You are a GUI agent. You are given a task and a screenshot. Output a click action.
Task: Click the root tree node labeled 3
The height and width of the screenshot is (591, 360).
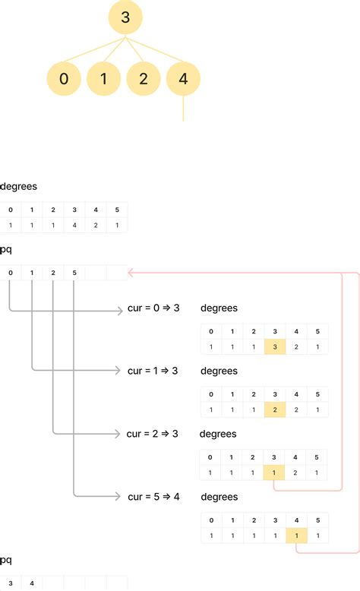coord(125,18)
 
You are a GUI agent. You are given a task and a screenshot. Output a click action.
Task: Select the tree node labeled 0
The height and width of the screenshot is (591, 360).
coord(63,79)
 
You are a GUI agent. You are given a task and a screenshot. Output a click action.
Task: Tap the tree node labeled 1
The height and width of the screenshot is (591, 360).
coord(103,79)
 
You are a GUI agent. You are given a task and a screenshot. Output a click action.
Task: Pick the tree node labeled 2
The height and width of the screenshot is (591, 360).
coord(143,79)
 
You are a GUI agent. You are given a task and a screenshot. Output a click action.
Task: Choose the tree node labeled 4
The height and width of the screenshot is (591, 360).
coord(183,79)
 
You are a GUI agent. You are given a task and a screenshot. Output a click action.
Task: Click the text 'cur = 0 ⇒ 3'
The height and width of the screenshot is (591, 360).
coord(153,308)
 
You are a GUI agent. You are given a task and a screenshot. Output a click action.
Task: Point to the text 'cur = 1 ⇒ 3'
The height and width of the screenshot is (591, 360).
coord(153,371)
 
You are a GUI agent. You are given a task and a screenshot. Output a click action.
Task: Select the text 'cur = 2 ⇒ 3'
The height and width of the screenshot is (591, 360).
coord(153,434)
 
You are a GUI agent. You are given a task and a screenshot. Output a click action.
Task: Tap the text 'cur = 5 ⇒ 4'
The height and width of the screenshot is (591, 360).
coord(153,497)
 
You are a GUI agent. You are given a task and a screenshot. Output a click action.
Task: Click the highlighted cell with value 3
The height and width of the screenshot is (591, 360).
coord(275,346)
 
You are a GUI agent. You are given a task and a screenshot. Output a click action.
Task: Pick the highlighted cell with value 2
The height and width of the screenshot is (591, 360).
coord(275,409)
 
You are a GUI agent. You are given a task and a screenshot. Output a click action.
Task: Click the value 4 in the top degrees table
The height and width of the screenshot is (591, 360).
coord(74,225)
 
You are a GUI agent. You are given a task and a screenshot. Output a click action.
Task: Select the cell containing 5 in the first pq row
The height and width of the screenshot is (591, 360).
coord(74,273)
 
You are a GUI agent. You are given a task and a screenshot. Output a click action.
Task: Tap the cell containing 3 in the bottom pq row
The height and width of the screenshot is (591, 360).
coord(11,583)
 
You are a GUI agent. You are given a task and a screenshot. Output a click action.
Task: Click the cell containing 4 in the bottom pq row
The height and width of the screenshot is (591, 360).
coord(32,583)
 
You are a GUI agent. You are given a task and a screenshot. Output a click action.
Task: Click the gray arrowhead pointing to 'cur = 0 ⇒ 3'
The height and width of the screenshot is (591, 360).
coord(120,310)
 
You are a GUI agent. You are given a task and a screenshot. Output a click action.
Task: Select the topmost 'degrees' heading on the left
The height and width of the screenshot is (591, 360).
coord(18,186)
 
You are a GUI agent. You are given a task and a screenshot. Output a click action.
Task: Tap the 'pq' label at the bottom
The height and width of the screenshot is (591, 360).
coord(6,560)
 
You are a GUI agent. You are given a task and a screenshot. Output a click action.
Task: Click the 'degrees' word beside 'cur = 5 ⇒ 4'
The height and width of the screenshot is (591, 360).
coord(219,497)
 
